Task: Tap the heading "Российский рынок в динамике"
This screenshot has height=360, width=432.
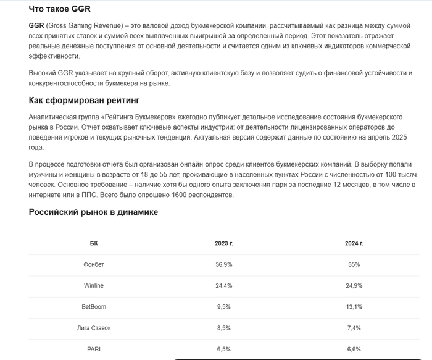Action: point(93,212)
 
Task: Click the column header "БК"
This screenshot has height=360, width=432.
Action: point(94,243)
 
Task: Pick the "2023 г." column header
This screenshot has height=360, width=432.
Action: point(223,243)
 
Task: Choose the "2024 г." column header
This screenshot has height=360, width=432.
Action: point(354,243)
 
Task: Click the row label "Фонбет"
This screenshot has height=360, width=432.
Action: point(94,264)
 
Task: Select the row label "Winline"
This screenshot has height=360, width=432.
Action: point(94,285)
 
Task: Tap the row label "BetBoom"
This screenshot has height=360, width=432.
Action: point(94,306)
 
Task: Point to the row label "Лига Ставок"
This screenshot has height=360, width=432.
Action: point(94,327)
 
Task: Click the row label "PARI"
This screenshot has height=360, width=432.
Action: point(94,348)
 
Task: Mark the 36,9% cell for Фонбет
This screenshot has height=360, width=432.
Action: point(223,264)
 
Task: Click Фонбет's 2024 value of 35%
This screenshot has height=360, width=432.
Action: point(354,264)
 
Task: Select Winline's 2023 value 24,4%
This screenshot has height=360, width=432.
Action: point(223,285)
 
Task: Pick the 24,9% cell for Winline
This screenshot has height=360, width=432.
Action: point(354,285)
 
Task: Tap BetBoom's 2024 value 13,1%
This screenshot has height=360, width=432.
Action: point(354,306)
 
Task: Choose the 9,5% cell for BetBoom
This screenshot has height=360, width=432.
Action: point(223,306)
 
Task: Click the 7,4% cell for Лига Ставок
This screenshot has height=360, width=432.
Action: point(354,327)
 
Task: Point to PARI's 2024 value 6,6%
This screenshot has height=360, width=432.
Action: point(354,348)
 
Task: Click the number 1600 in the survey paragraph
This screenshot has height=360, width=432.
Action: point(188,195)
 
